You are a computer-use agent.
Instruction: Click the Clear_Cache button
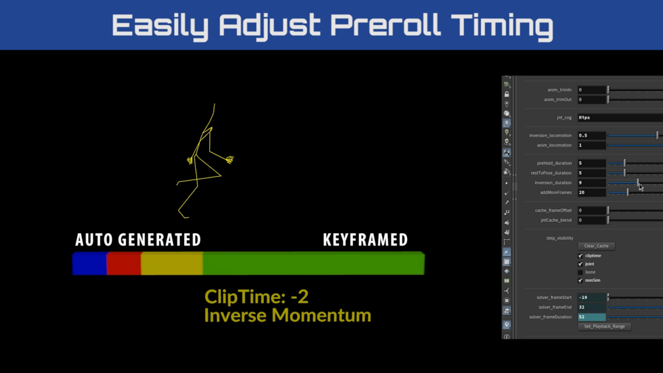(x=596, y=246)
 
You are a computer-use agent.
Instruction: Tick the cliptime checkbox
(x=580, y=256)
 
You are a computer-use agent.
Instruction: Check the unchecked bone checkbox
(x=580, y=273)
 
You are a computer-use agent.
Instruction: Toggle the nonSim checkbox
(x=580, y=281)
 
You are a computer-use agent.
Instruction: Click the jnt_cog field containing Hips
(x=620, y=118)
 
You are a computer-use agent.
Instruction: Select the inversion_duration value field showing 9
(x=592, y=183)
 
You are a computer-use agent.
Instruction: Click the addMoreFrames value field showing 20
(x=592, y=192)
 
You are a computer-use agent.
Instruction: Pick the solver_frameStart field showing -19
(x=592, y=297)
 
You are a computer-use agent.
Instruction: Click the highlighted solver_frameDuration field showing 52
(x=592, y=317)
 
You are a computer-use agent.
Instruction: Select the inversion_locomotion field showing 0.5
(x=592, y=135)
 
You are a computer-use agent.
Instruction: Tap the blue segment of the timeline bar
(x=89, y=263)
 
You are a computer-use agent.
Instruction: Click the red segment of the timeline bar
(x=123, y=263)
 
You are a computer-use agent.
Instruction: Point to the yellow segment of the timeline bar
(x=172, y=263)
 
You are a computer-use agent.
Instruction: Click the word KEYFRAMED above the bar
(x=365, y=240)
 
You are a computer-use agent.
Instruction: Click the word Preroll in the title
(x=385, y=25)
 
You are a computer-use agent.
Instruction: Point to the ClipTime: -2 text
(x=256, y=297)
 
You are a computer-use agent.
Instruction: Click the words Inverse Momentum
(x=288, y=316)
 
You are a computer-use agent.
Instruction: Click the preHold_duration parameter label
(x=554, y=163)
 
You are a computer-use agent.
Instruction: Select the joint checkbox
(x=580, y=264)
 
